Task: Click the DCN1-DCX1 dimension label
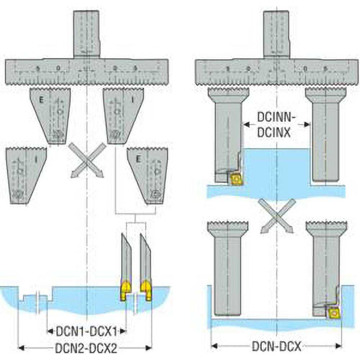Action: pos(86,330)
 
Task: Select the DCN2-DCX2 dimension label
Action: pos(85,347)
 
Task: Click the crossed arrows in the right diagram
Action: pos(276,216)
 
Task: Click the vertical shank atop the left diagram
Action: pos(86,34)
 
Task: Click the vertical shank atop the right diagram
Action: pos(276,34)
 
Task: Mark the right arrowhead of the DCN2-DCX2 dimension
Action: pos(148,347)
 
